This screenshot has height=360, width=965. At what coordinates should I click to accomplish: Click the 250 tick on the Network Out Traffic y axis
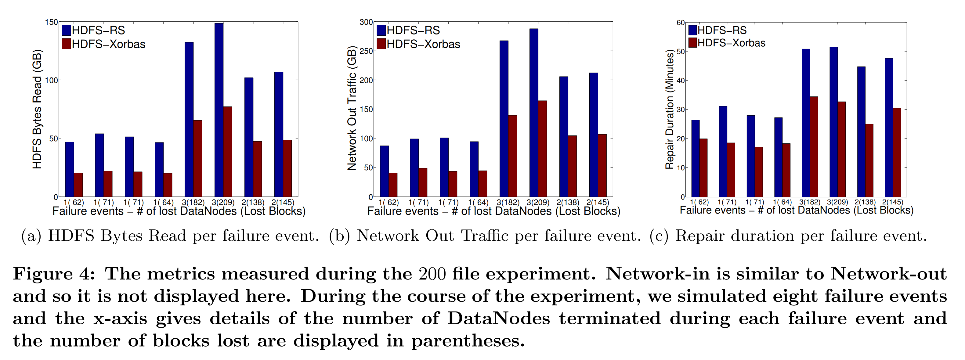pyautogui.click(x=366, y=51)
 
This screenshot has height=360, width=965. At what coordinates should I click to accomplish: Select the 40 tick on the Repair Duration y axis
pyautogui.click(x=680, y=81)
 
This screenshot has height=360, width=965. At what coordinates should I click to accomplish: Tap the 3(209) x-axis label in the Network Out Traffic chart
pyautogui.click(x=538, y=202)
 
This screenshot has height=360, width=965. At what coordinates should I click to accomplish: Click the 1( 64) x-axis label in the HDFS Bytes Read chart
pyautogui.click(x=163, y=202)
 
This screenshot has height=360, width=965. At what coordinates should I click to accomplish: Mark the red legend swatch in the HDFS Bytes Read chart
pyautogui.click(x=67, y=44)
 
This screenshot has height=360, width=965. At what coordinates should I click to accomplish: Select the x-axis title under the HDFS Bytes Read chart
pyautogui.click(x=179, y=211)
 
